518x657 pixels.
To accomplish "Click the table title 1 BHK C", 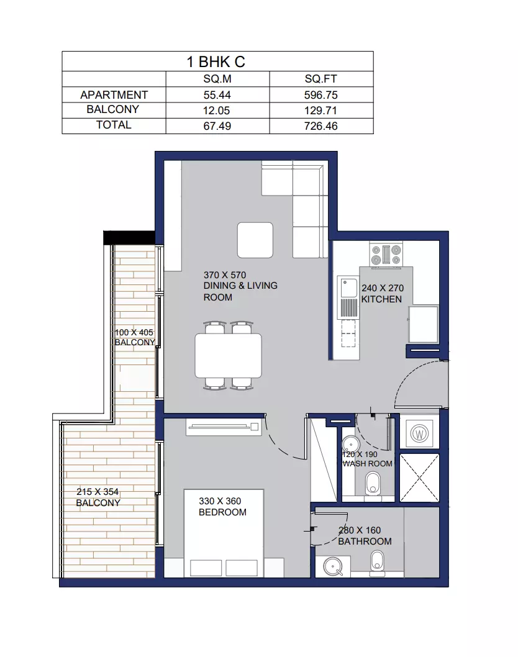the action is tap(216, 62).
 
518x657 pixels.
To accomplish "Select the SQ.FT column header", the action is tap(321, 79).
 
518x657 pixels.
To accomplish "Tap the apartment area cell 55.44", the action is tap(217, 95).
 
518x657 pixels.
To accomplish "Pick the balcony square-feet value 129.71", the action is tap(321, 111).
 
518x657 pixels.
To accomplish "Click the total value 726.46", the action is tap(321, 126).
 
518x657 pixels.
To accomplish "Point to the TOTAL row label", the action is tap(114, 125).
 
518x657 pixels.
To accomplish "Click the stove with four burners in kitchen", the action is tap(386, 255).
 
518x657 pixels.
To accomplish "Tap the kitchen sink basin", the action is tap(348, 288).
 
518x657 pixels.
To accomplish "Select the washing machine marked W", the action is tap(419, 433).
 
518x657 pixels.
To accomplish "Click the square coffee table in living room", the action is tap(255, 240).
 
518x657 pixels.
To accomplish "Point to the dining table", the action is tap(229, 356).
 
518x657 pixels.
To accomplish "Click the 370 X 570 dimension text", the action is tap(225, 275).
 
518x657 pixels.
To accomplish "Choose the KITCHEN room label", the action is tap(381, 299).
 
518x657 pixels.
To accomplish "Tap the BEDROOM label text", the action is tap(222, 512).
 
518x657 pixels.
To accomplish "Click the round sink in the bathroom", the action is tap(333, 566).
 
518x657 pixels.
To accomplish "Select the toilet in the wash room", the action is tap(373, 484).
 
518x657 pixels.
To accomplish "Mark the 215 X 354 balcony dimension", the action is tap(98, 492).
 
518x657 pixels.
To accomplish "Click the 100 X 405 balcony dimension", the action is tap(134, 333).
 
